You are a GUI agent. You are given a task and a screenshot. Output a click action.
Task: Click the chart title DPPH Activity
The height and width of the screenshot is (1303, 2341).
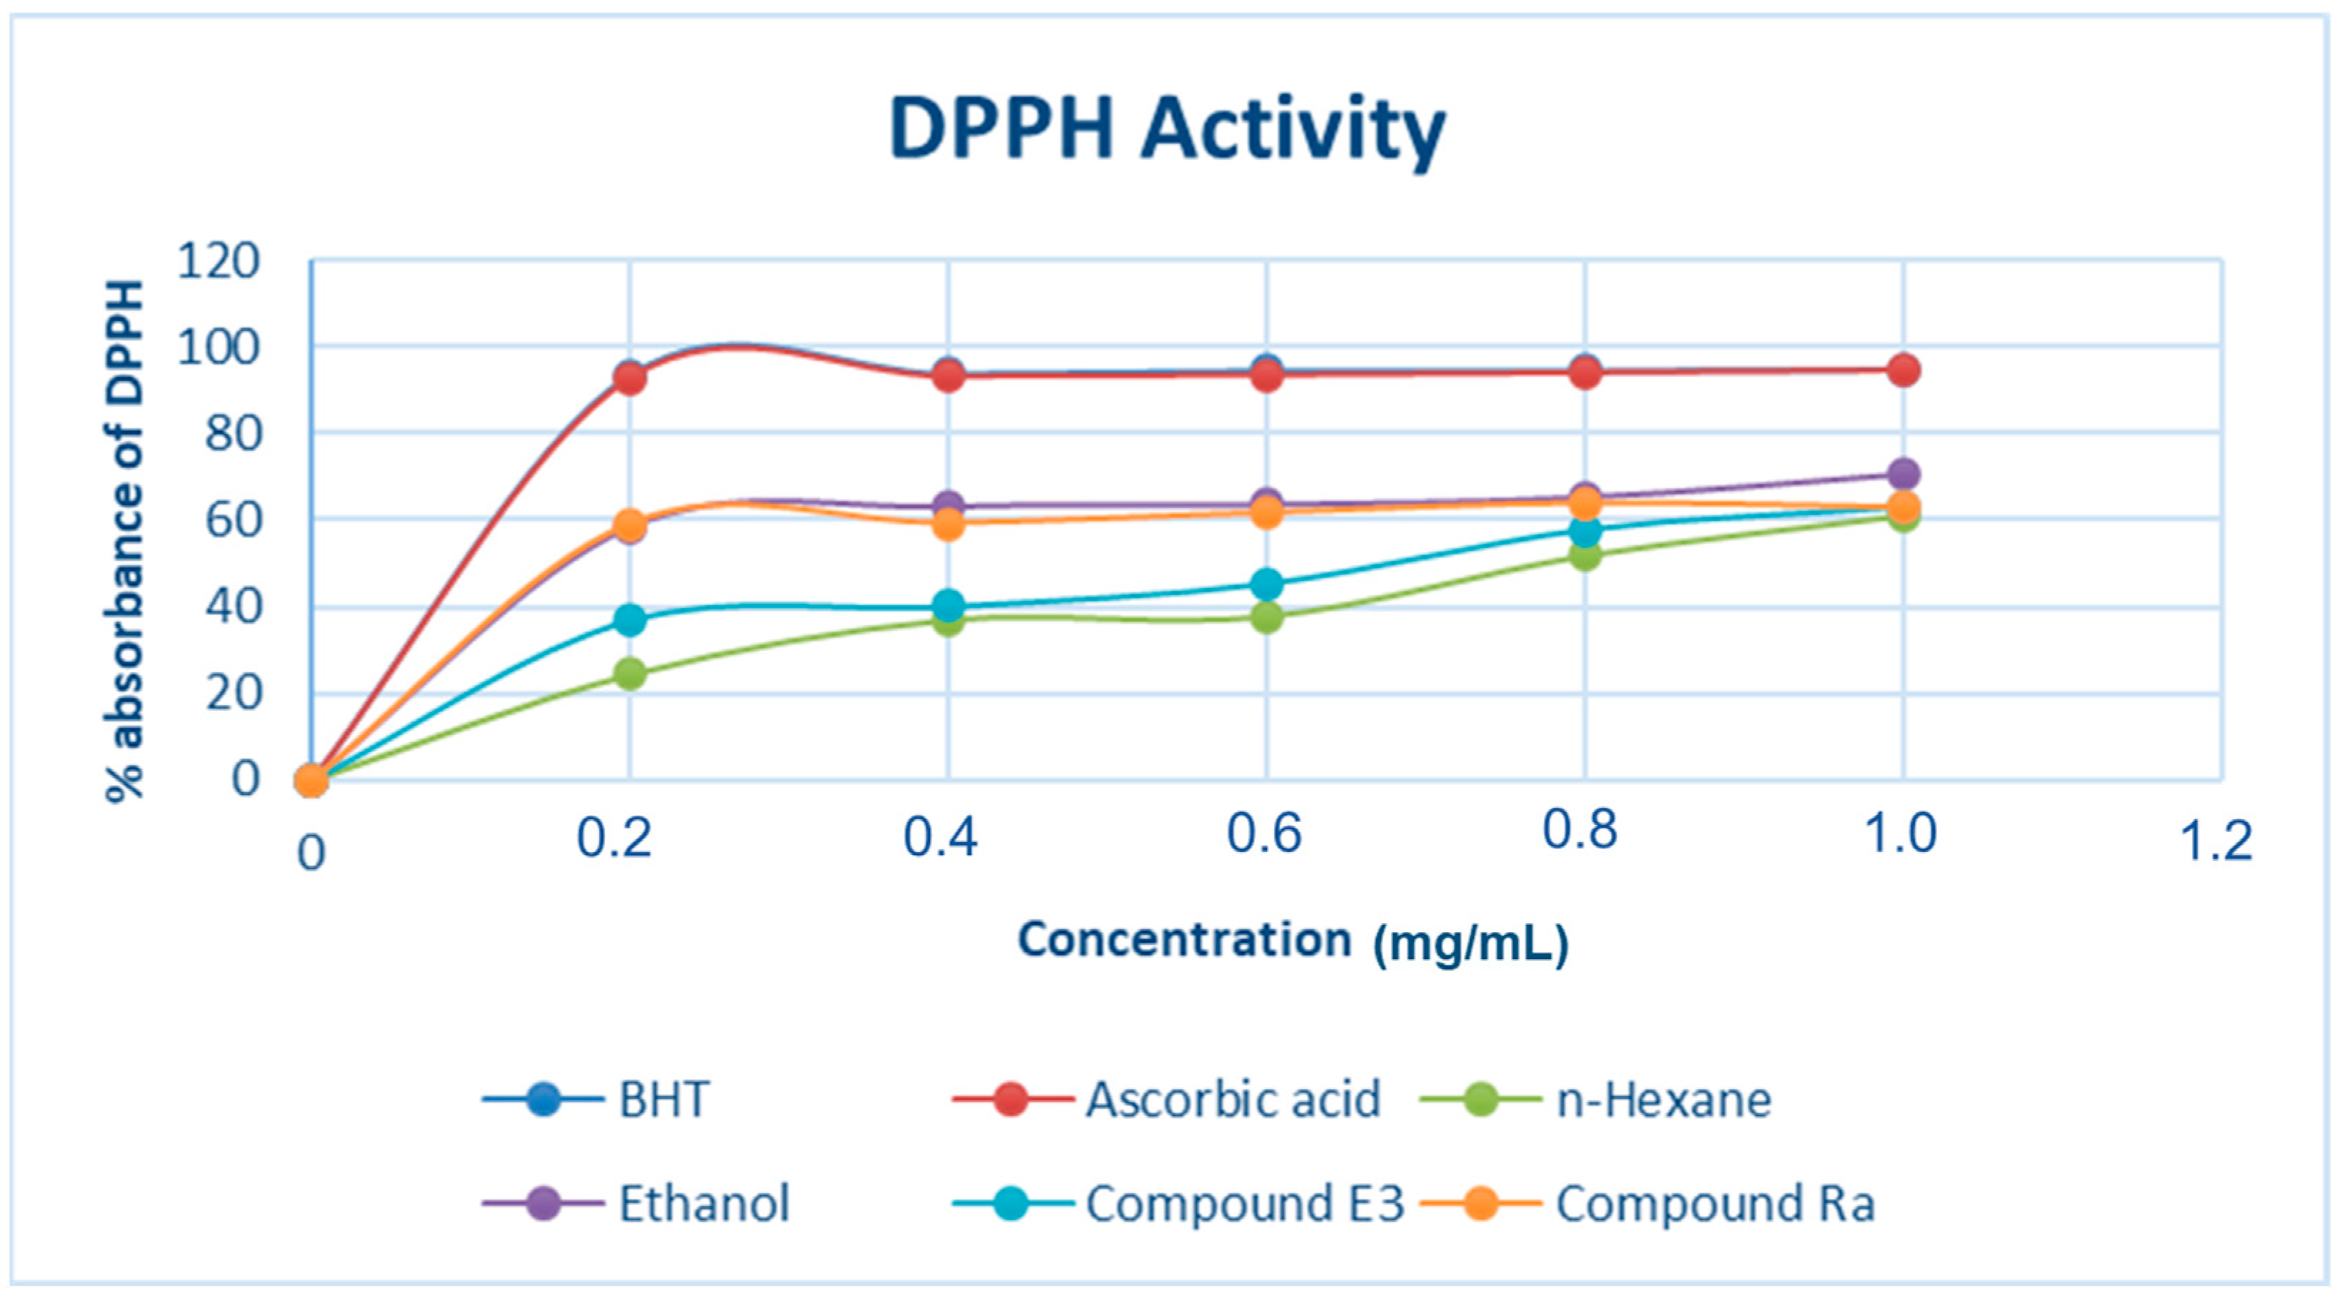pyautogui.click(x=1167, y=132)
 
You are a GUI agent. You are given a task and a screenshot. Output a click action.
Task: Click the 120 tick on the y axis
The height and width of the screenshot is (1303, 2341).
pyautogui.click(x=218, y=262)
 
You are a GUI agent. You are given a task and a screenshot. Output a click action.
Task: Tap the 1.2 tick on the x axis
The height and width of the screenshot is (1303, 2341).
pyautogui.click(x=2215, y=841)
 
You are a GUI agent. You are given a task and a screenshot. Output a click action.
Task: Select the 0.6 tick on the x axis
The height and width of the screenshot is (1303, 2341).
pyautogui.click(x=1264, y=833)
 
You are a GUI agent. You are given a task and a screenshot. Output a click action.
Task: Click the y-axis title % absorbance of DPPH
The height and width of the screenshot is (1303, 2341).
pyautogui.click(x=126, y=541)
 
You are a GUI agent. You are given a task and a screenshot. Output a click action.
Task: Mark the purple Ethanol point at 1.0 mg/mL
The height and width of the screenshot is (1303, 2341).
pyautogui.click(x=1903, y=473)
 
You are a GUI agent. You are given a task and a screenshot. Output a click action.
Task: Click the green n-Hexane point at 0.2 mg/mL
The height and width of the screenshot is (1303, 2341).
pyautogui.click(x=630, y=674)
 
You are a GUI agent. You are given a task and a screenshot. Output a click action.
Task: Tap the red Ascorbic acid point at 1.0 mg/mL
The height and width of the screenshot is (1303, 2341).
pyautogui.click(x=1903, y=370)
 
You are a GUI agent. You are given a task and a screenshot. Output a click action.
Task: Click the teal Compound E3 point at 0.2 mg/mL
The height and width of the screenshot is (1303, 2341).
pyautogui.click(x=630, y=621)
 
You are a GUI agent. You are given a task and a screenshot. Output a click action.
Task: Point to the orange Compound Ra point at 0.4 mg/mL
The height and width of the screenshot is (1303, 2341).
pyautogui.click(x=948, y=524)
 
